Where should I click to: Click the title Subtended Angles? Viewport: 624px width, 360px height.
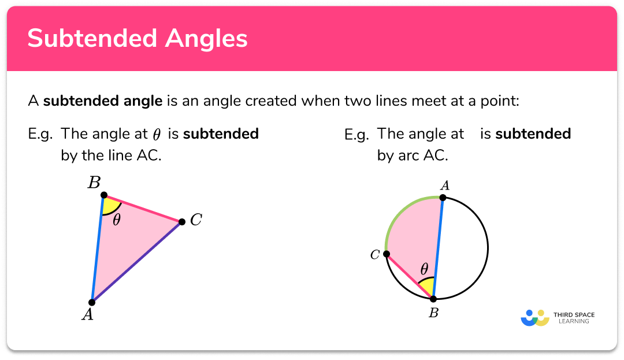pyautogui.click(x=138, y=39)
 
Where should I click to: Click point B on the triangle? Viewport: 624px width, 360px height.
pyautogui.click(x=103, y=195)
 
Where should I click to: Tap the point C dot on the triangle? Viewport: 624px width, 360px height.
pyautogui.click(x=181, y=221)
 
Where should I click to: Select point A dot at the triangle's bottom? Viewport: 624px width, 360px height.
pyautogui.click(x=92, y=302)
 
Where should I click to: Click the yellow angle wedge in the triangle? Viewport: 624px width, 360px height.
pyautogui.click(x=110, y=206)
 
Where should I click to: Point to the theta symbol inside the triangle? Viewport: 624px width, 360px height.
pyautogui.click(x=117, y=220)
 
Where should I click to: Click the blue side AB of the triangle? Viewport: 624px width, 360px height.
pyautogui.click(x=98, y=248)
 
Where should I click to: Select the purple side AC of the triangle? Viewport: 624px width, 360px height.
pyautogui.click(x=137, y=261)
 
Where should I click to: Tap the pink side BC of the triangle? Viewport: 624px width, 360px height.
pyautogui.click(x=143, y=209)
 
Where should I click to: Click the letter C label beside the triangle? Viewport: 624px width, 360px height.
pyautogui.click(x=196, y=220)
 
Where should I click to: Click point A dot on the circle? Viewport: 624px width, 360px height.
pyautogui.click(x=443, y=198)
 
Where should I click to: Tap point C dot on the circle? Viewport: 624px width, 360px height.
pyautogui.click(x=387, y=254)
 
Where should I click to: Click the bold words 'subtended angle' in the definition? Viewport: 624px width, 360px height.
pyautogui.click(x=103, y=102)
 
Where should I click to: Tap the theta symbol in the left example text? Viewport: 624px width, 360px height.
pyautogui.click(x=157, y=135)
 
